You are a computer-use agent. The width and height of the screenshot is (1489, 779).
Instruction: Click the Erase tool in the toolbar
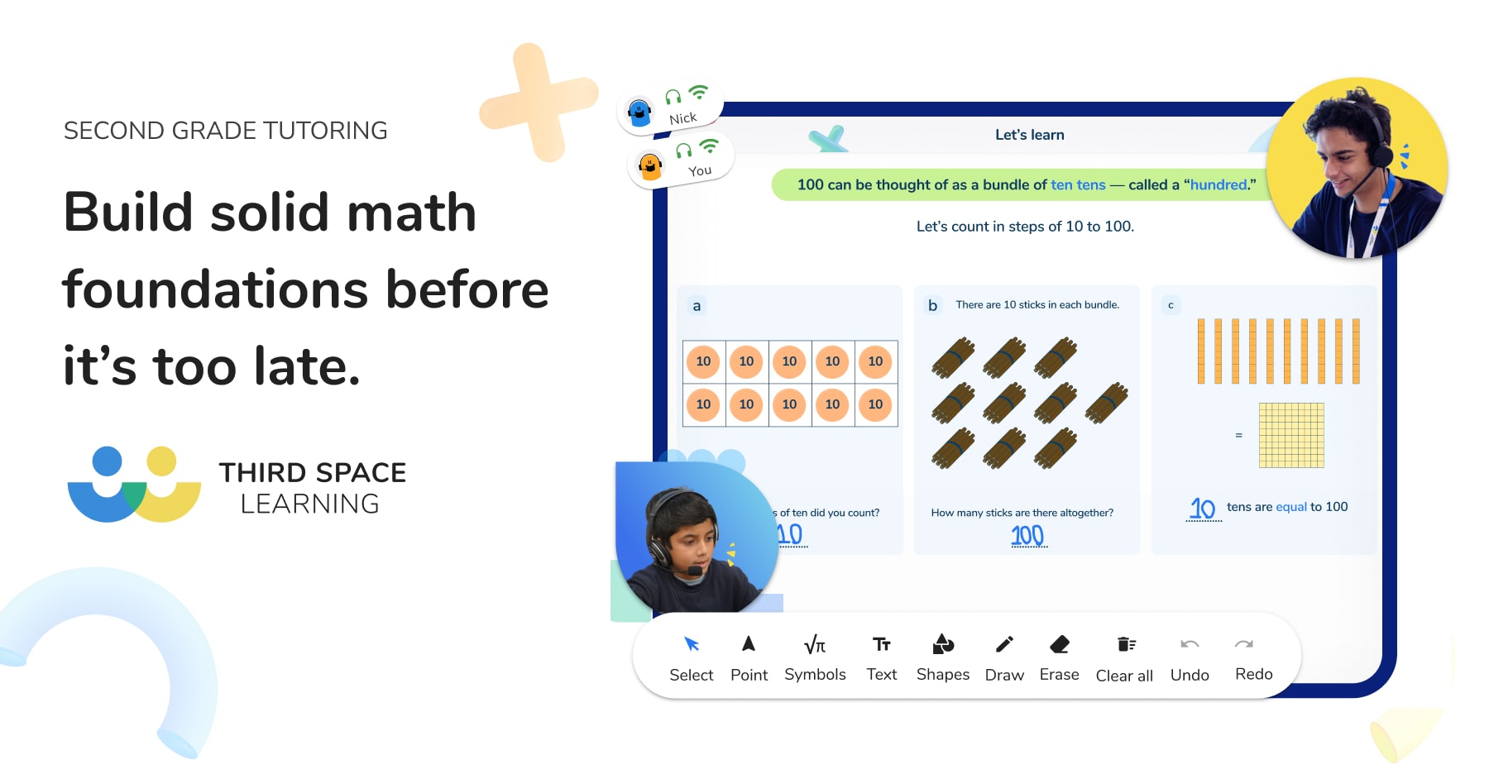click(1059, 658)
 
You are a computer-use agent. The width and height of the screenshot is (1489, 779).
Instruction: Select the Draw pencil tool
click(1004, 658)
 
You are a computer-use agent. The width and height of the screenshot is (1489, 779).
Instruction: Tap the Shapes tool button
click(943, 658)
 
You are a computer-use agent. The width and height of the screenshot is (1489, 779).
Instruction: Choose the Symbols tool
click(815, 658)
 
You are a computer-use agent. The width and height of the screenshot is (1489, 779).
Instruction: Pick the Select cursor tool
click(692, 658)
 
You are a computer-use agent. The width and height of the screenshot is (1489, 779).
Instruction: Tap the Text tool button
click(882, 658)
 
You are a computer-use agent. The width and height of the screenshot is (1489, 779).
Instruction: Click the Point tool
click(749, 658)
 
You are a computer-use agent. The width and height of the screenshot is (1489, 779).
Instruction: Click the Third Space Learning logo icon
click(134, 485)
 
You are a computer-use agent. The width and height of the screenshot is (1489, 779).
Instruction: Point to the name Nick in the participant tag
click(683, 118)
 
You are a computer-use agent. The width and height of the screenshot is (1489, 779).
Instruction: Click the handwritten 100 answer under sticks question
click(1027, 536)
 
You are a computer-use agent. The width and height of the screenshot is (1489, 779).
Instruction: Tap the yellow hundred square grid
click(1291, 435)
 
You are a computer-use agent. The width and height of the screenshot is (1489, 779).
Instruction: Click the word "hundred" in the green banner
click(1218, 184)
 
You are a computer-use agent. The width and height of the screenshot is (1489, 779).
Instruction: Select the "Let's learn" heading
click(1030, 135)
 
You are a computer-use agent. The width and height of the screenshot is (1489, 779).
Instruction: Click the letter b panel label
click(932, 305)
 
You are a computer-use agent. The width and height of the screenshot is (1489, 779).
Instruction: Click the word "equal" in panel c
click(1291, 507)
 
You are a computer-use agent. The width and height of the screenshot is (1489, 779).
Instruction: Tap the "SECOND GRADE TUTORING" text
click(225, 131)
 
